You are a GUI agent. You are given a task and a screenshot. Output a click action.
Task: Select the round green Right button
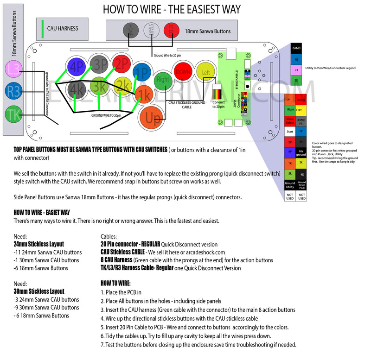tap(163, 79)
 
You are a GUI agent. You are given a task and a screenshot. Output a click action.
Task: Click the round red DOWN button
tap(183, 72)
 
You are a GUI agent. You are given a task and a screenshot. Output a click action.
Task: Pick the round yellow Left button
tap(206, 73)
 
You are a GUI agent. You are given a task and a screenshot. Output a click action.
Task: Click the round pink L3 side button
tap(14, 69)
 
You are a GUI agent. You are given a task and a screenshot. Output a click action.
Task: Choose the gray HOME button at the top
tap(132, 30)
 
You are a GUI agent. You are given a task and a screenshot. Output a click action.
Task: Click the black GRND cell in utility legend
tap(296, 48)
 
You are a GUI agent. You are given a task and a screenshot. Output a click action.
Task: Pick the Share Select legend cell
tap(289, 121)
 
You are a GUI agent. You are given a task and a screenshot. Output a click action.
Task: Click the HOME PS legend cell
tap(301, 121)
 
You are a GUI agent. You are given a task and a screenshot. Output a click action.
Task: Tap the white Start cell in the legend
tap(289, 132)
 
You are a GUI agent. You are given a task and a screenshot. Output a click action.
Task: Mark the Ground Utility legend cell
tap(289, 184)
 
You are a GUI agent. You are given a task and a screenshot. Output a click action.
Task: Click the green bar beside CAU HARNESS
tap(43, 28)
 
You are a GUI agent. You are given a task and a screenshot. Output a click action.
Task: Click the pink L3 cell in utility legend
tap(296, 69)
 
